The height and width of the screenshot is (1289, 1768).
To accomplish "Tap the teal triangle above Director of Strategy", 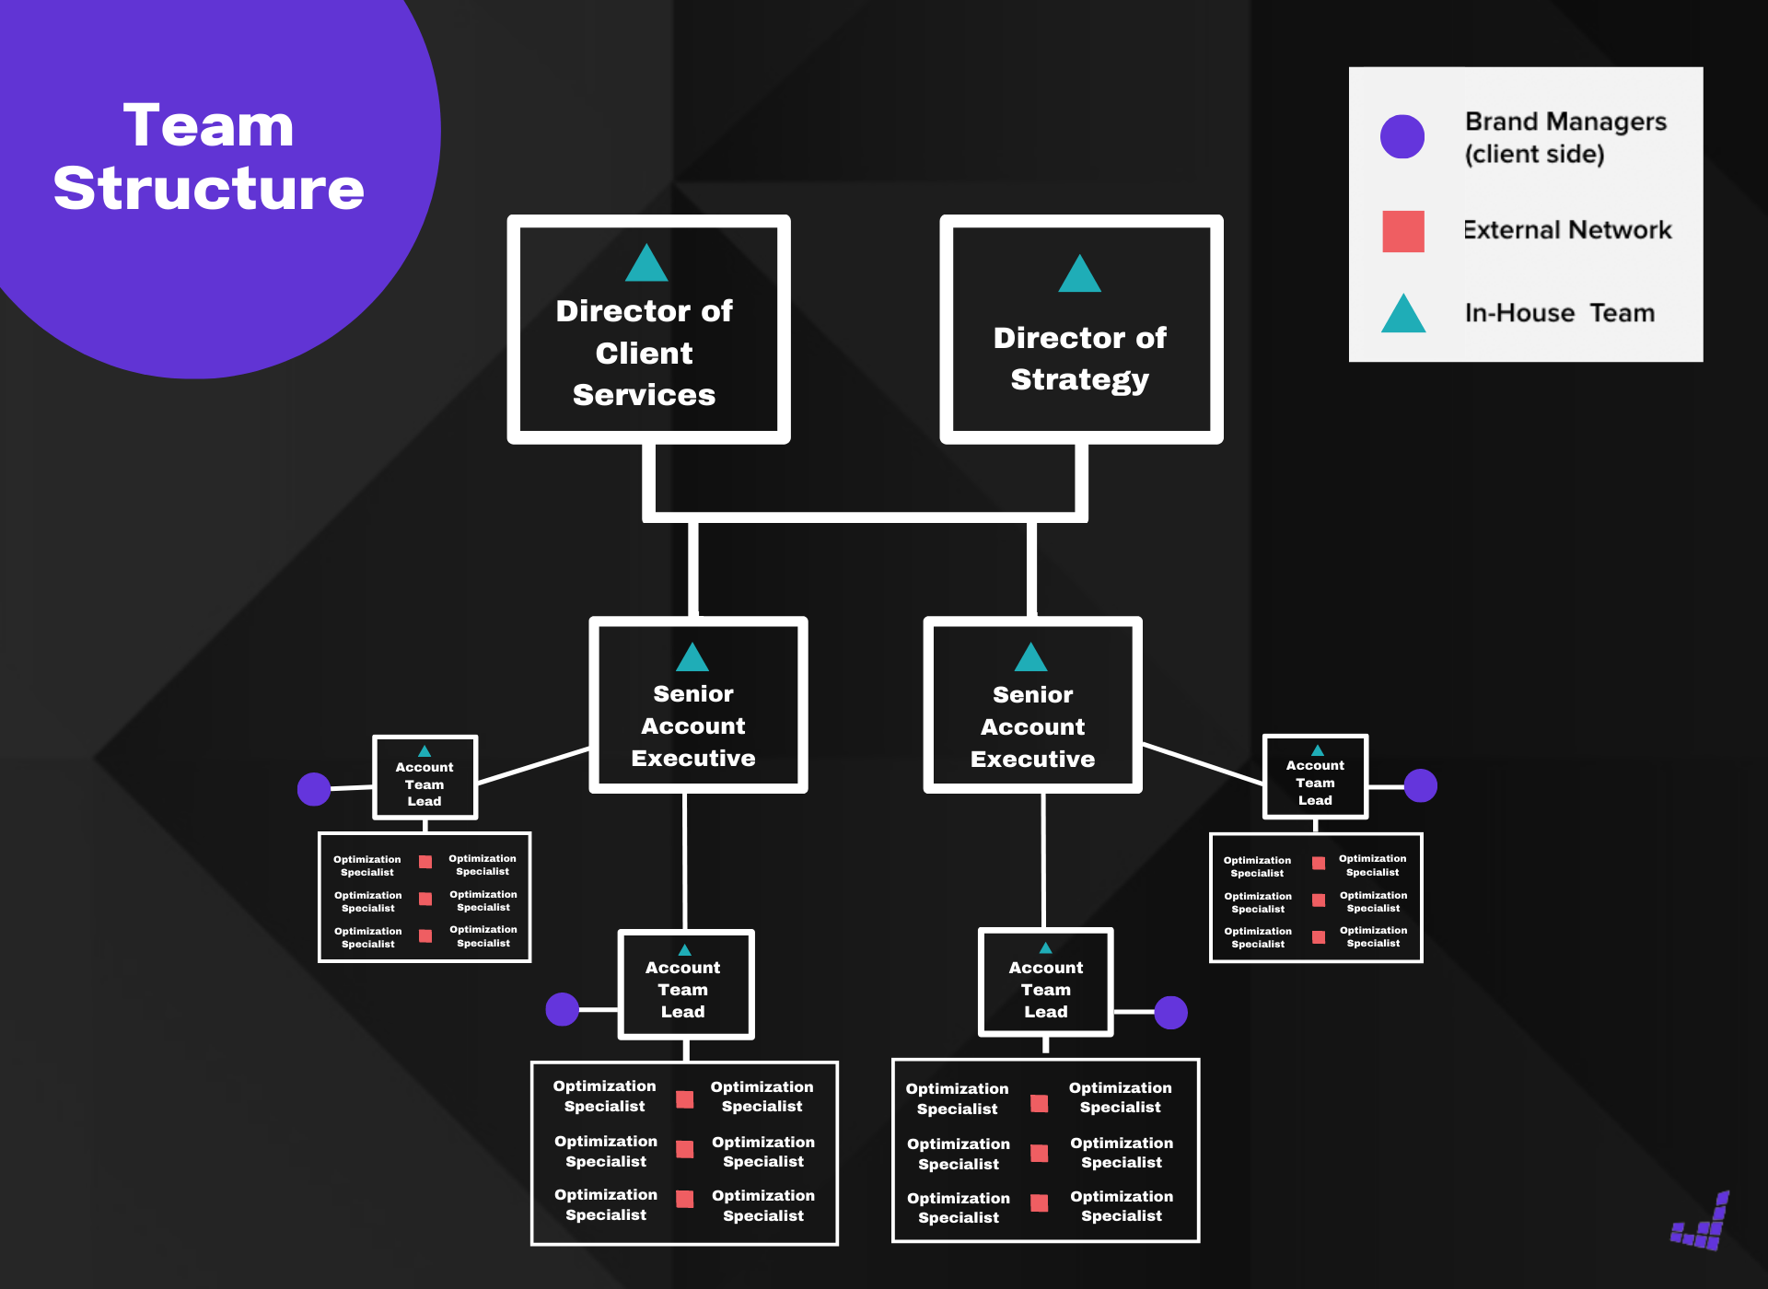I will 1079,274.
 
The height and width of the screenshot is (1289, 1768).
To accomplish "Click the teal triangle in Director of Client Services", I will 646,263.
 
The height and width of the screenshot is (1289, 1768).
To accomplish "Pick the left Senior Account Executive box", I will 697,726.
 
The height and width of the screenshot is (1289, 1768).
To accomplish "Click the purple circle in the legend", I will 1402,136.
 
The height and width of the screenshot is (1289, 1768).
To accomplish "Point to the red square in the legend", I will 1402,231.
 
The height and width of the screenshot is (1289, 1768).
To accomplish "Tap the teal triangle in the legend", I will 1402,314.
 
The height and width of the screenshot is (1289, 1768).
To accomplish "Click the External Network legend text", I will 1567,230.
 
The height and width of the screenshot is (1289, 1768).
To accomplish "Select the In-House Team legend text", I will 1559,313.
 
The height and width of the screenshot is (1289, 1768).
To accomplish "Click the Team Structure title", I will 209,157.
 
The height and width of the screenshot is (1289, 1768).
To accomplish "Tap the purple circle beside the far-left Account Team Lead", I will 314,789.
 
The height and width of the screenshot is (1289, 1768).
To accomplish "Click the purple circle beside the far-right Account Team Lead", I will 1420,785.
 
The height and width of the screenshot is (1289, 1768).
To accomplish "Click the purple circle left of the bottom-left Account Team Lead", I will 562,1009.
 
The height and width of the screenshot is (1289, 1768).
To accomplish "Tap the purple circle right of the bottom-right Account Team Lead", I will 1170,1012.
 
